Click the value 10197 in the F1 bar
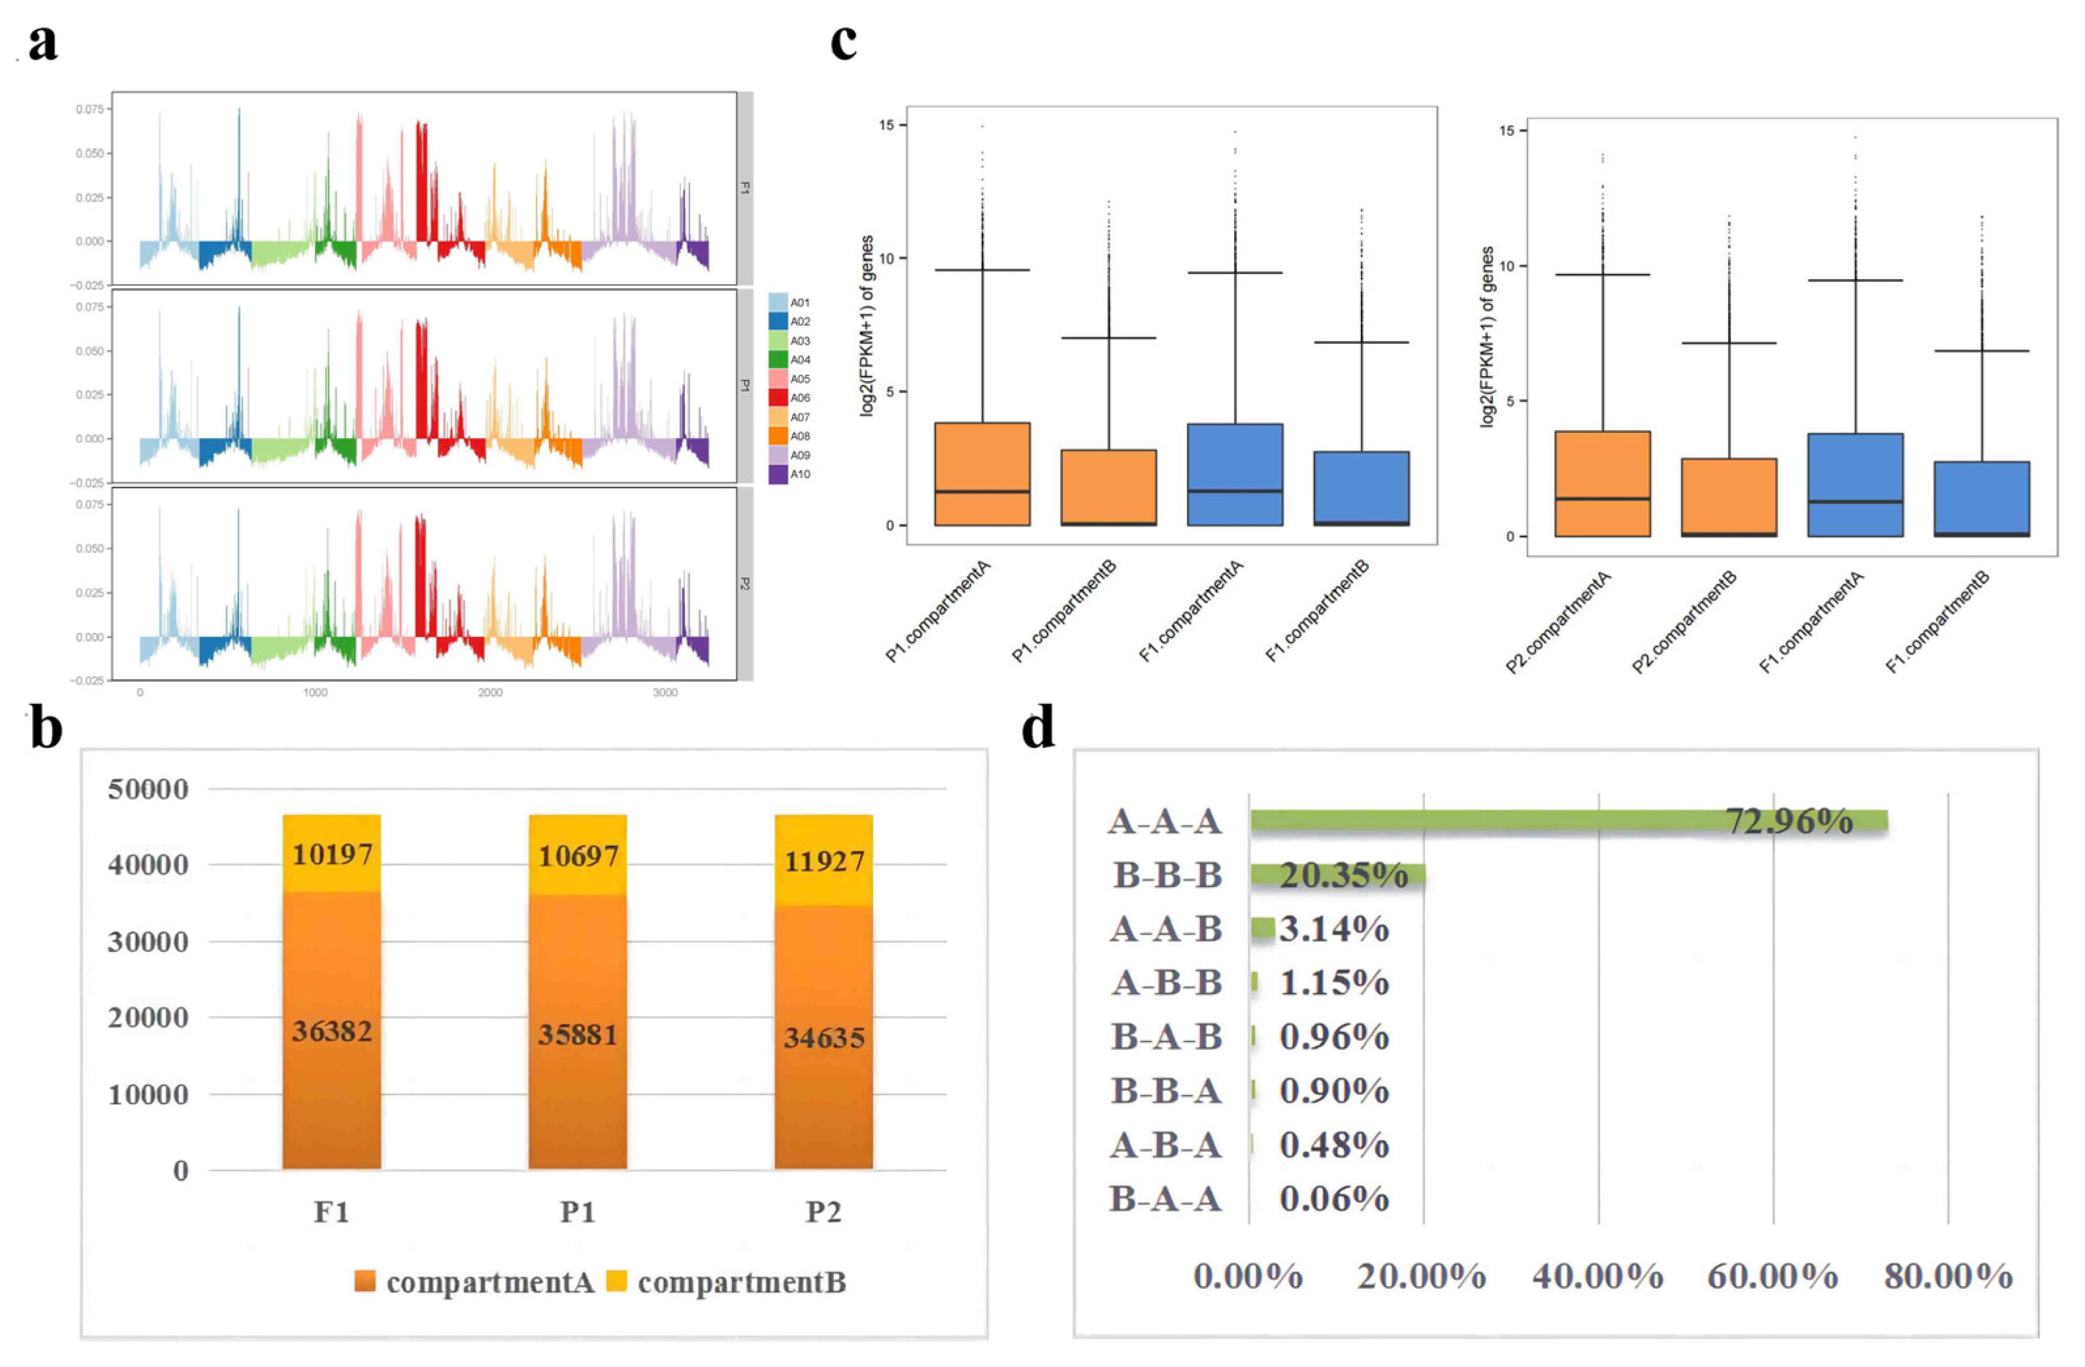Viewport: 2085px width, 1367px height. point(332,854)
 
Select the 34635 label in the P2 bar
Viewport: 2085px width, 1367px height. point(824,1038)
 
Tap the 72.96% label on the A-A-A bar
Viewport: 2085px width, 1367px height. point(1789,821)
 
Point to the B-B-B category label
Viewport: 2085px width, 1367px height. point(1168,875)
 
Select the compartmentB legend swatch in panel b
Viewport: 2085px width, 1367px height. point(618,1282)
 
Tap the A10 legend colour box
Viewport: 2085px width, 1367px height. point(777,474)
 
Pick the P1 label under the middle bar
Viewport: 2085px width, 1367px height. point(577,1213)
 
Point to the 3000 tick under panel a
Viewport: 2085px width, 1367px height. point(665,692)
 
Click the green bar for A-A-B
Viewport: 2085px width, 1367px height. point(1261,928)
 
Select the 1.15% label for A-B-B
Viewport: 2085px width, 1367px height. point(1333,983)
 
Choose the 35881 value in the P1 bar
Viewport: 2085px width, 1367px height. point(577,1035)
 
